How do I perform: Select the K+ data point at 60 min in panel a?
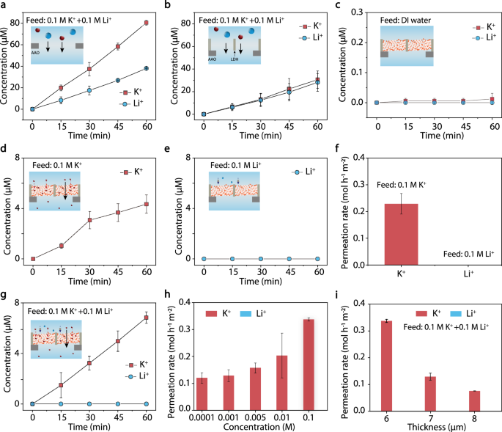(x=146, y=23)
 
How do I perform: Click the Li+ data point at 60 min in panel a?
(x=146, y=68)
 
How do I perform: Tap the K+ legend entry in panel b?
(x=308, y=26)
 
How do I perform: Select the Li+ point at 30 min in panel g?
(x=89, y=403)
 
